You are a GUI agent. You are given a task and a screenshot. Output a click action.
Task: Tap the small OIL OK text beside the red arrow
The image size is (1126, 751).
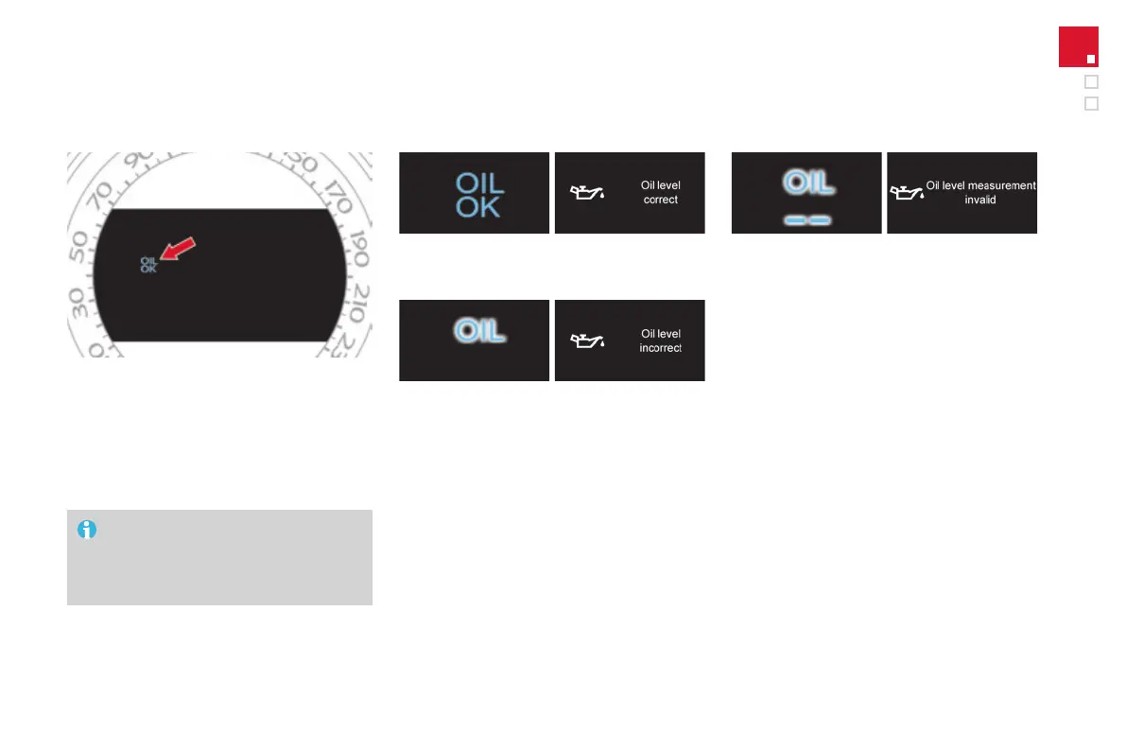click(x=148, y=264)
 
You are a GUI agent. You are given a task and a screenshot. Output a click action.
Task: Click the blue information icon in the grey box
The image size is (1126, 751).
click(x=86, y=530)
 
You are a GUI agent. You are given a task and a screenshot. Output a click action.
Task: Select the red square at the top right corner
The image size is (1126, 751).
click(x=1078, y=46)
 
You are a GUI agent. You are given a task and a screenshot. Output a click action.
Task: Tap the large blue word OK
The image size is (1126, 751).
click(x=478, y=206)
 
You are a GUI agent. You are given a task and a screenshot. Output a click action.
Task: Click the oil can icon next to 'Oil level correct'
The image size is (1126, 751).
click(x=586, y=193)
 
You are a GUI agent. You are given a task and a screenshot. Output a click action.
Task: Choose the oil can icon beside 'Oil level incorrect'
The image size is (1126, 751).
click(x=586, y=341)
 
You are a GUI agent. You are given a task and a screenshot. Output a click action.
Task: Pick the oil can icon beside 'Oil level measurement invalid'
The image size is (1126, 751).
click(x=907, y=193)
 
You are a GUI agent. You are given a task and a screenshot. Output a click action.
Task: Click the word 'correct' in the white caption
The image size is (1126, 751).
click(x=661, y=201)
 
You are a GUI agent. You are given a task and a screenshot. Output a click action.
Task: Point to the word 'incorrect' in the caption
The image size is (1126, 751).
click(x=661, y=348)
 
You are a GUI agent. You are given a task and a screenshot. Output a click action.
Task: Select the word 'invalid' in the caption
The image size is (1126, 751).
click(x=980, y=201)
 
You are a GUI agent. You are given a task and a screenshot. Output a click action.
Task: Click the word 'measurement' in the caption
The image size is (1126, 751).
click(x=1001, y=186)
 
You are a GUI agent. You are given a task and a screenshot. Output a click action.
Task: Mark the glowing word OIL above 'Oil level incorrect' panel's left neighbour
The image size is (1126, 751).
click(x=478, y=330)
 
